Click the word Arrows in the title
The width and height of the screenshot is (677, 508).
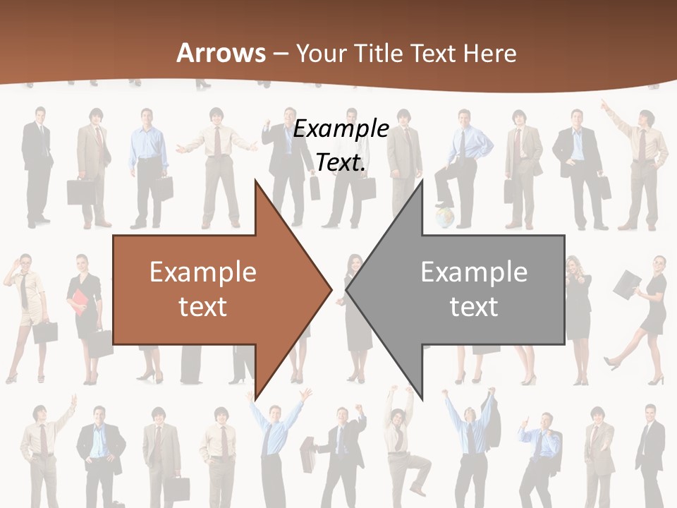click(221, 53)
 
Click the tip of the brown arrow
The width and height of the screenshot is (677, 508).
click(330, 289)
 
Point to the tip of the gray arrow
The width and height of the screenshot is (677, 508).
click(348, 289)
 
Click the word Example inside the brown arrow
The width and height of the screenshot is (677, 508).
click(203, 272)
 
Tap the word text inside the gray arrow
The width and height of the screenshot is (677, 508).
click(474, 306)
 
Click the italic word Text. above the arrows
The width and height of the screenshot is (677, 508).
click(341, 162)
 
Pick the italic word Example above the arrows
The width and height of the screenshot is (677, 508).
click(341, 129)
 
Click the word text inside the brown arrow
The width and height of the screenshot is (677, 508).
click(203, 306)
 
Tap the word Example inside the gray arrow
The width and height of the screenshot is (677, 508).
click(474, 272)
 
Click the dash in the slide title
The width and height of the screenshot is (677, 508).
click(280, 53)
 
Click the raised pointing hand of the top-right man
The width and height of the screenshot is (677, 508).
click(604, 104)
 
